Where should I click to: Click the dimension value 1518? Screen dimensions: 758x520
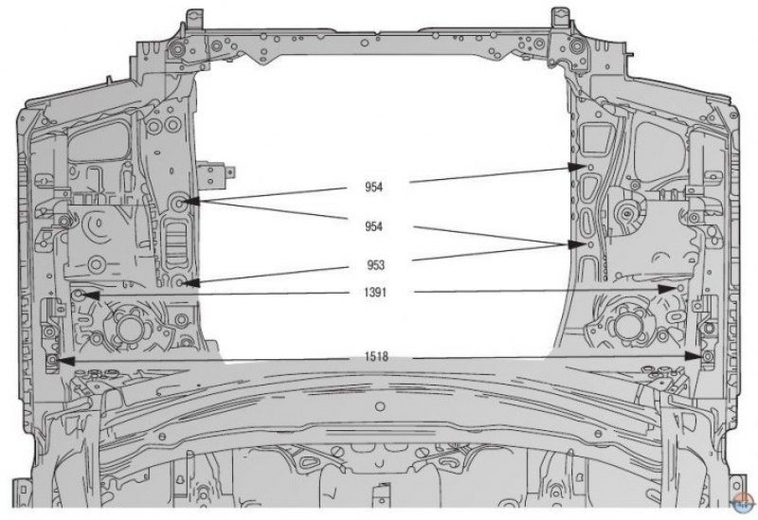(376, 357)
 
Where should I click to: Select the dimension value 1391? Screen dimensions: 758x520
(375, 293)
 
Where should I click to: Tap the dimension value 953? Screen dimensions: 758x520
(375, 265)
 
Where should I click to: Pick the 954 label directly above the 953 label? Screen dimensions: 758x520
(373, 226)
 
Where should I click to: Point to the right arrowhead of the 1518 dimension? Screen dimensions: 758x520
(694, 356)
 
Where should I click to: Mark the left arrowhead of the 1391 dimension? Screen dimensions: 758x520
(91, 295)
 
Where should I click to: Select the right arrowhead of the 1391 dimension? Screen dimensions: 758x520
(667, 289)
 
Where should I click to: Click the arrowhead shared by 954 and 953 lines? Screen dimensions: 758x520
(576, 244)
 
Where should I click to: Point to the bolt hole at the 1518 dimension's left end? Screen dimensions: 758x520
(52, 361)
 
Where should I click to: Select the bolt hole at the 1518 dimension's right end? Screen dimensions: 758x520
(708, 357)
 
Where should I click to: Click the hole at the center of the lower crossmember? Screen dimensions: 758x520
(380, 406)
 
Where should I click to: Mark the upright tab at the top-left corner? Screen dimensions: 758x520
(194, 18)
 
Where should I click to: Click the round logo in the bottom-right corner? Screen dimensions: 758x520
(744, 504)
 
